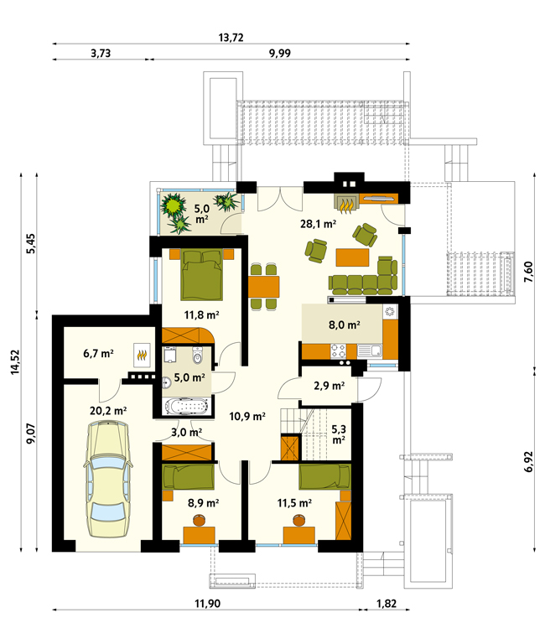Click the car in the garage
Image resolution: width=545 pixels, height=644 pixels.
tap(108, 480)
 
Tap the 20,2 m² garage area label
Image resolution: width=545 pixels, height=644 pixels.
tap(108, 411)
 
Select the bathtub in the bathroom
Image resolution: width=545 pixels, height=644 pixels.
tap(187, 407)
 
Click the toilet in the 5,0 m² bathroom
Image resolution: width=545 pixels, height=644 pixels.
tap(198, 356)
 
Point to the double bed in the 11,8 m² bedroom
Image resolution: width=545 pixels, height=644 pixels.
tap(202, 274)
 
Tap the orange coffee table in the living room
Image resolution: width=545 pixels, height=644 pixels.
tap(352, 257)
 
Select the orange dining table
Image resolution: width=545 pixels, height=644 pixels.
tap(263, 287)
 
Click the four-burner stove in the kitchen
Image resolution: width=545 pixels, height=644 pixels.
tap(338, 351)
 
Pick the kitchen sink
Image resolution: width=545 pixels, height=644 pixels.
tap(370, 351)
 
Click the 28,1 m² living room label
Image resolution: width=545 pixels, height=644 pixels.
tap(319, 224)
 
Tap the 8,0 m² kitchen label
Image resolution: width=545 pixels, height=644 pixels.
tap(344, 325)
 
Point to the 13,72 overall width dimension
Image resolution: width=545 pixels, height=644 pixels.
tap(231, 38)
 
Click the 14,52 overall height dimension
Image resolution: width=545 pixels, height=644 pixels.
tap(15, 362)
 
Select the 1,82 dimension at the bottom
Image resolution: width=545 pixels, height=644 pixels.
tap(387, 604)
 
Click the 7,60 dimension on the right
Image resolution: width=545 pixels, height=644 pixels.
tap(528, 272)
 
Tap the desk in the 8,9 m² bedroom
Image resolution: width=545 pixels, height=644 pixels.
tap(200, 535)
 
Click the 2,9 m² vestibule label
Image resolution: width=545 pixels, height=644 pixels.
tap(329, 386)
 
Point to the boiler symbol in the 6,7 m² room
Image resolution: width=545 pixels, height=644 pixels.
tap(142, 355)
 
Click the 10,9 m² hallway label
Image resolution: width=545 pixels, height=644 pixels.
tap(247, 417)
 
